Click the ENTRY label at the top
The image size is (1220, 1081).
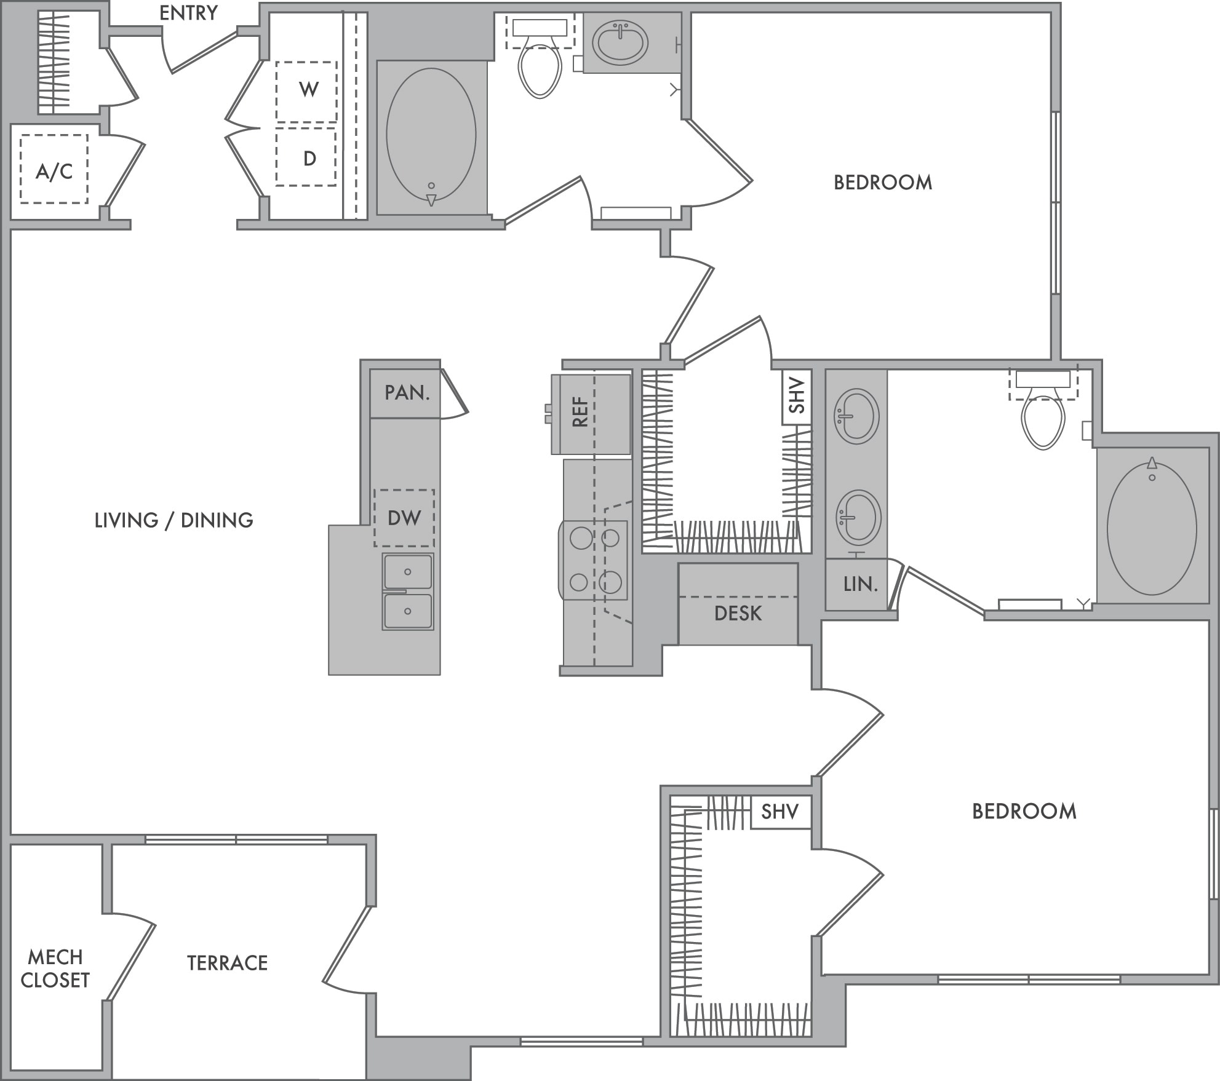coord(188,13)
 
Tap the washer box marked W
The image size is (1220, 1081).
coord(306,92)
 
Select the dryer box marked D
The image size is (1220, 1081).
coord(306,157)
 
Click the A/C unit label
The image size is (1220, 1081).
coord(54,171)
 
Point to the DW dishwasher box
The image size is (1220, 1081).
coord(404,518)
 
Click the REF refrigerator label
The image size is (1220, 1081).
coord(580,412)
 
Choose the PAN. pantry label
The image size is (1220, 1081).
coord(407,392)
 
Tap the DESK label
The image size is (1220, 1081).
coord(738,613)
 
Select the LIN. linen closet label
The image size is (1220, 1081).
coord(860,584)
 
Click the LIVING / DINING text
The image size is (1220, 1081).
coord(173,520)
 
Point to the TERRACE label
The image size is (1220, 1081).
coord(228,962)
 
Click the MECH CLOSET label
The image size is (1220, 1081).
coord(55,968)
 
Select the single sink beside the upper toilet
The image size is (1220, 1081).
coord(620,42)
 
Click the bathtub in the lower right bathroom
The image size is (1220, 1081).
coord(1152,526)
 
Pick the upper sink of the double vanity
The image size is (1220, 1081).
coord(856,416)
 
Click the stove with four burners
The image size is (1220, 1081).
coord(594,560)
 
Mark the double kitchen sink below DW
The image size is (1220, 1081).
coord(408,592)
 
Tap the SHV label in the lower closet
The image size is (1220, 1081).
coord(779,812)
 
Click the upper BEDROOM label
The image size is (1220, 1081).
coord(883,182)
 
